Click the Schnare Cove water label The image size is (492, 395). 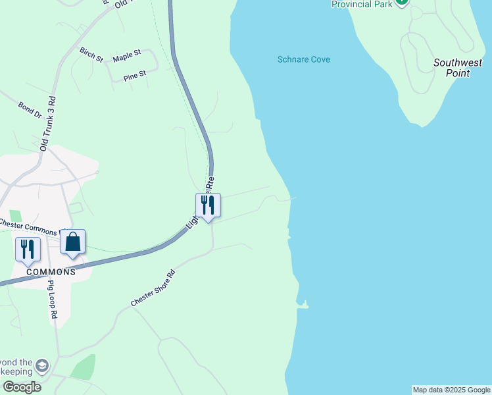pyautogui.click(x=303, y=59)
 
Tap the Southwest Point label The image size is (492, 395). pyautogui.click(x=457, y=68)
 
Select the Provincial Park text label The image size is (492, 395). pyautogui.click(x=362, y=4)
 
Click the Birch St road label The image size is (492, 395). pyautogui.click(x=91, y=54)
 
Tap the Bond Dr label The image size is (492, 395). pyautogui.click(x=30, y=110)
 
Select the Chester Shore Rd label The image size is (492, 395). pyautogui.click(x=153, y=288)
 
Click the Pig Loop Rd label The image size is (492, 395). pyautogui.click(x=52, y=300)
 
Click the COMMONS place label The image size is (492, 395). pyautogui.click(x=51, y=271)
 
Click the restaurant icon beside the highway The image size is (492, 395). pyautogui.click(x=208, y=205)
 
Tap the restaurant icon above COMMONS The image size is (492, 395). pyautogui.click(x=28, y=250)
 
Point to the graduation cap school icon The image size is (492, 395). pyautogui.click(x=42, y=366)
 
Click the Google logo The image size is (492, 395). pyautogui.click(x=21, y=387)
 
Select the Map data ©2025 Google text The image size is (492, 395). pyautogui.click(x=451, y=390)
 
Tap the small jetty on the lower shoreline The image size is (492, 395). pyautogui.click(x=303, y=305)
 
